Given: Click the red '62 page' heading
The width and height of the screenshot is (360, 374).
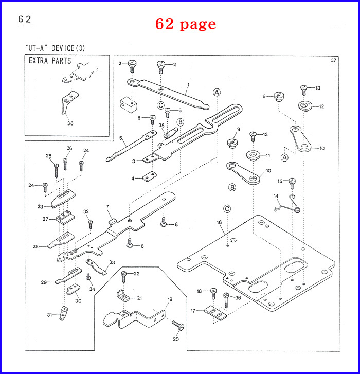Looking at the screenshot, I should coord(186,24).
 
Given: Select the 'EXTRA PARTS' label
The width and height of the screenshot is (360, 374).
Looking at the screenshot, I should coord(50,61).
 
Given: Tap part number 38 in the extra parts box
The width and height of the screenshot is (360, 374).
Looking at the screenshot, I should coord(70,123).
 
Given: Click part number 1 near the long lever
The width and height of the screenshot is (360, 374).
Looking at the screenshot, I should coord(189,84).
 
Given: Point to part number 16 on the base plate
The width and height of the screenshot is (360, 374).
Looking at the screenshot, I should coord(219,222).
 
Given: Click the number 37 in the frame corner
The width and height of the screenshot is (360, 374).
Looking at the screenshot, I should coord(333,61).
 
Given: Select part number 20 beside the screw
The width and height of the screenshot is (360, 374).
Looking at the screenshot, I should coord(176,339).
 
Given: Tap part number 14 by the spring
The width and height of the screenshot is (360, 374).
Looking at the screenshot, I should coord(276,196).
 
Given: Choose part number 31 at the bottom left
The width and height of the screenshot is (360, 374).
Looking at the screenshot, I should coord(50,315).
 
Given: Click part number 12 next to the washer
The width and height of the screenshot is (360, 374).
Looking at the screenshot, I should coord(321,106).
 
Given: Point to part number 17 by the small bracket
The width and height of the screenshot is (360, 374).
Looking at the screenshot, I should coord(193,311).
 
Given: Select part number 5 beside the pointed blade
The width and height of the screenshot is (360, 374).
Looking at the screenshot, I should coord(120,138).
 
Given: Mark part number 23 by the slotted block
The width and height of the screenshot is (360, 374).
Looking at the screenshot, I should coord(40,206).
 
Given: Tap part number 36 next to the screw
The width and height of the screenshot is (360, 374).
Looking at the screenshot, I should coord(238,298).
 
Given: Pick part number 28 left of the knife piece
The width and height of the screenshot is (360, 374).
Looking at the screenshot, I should coord(35,246).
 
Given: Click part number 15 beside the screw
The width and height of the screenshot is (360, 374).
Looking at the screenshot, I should coord(280,181).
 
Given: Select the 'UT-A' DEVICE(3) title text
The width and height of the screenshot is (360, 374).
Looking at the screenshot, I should coord(55,48).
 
